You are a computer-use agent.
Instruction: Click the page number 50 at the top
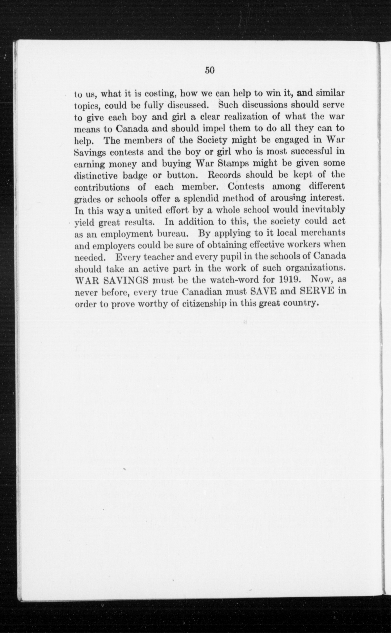pos(210,70)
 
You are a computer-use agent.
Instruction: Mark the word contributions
pos(102,187)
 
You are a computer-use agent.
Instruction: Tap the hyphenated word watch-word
pos(232,280)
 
